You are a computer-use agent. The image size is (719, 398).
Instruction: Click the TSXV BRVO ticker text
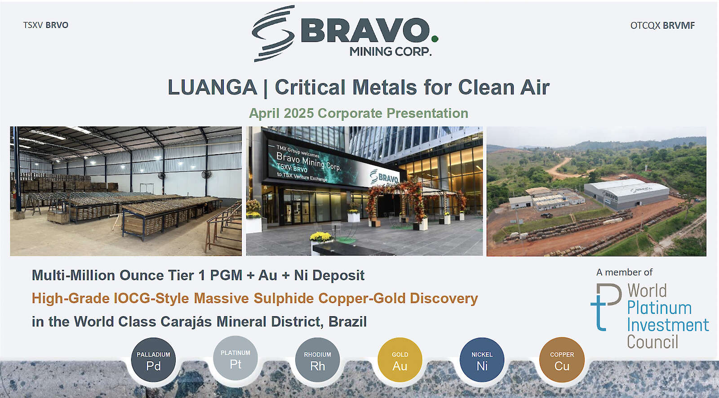tap(45, 25)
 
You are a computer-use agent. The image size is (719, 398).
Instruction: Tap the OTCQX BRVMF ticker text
tap(662, 25)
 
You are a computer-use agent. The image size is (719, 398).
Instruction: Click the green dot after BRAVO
tap(435, 39)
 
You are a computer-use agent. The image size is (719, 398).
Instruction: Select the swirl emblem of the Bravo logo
tap(274, 33)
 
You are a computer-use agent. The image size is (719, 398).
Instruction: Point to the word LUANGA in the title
tap(213, 87)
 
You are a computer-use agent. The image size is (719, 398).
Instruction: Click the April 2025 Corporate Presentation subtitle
tap(359, 113)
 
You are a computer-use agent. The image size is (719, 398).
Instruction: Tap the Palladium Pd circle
tap(153, 360)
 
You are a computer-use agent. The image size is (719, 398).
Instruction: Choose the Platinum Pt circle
tap(235, 358)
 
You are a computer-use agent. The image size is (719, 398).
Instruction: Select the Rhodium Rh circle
tap(317, 360)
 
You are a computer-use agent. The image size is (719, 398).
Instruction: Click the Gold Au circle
tap(400, 360)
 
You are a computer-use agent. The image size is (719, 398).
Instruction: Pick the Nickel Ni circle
tap(482, 360)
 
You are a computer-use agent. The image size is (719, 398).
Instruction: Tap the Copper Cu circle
tap(562, 360)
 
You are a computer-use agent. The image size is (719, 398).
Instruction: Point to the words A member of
tap(624, 273)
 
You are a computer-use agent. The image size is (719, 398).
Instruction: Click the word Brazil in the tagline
tap(348, 322)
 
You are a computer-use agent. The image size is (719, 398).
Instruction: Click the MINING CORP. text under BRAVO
tap(391, 51)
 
